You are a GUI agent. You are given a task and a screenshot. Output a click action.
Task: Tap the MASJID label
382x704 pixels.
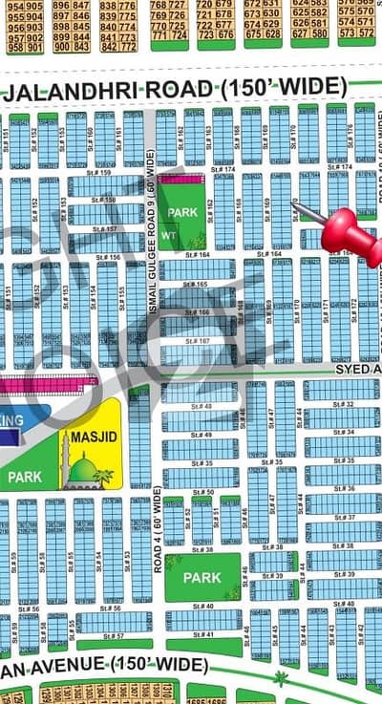91,438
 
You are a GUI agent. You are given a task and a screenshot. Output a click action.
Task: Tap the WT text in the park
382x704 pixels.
166,232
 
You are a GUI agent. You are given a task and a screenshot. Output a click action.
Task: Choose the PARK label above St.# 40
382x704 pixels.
202,578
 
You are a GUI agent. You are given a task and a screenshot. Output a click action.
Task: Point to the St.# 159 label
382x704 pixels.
98,173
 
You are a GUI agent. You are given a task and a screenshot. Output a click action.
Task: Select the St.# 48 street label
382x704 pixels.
202,406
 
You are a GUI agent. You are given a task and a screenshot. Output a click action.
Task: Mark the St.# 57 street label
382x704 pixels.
113,635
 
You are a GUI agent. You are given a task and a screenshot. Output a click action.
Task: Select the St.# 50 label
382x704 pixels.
202,493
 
